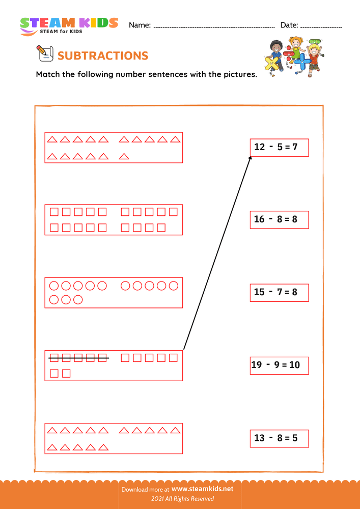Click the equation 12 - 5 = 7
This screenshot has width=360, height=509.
(x=279, y=147)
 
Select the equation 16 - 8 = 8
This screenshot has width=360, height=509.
(x=279, y=219)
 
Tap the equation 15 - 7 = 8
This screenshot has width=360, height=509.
(x=279, y=292)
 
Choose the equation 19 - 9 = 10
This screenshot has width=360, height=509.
(x=279, y=364)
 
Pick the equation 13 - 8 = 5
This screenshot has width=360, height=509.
(x=279, y=438)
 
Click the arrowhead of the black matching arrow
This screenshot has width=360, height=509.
(x=251, y=158)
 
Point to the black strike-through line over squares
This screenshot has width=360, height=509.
(x=79, y=358)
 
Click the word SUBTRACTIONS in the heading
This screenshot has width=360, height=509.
(x=103, y=56)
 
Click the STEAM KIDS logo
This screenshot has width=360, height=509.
(x=69, y=25)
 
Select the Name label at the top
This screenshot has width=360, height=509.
(x=140, y=25)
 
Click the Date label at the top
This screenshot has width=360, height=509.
(x=289, y=25)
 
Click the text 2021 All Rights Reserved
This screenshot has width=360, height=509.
(x=180, y=499)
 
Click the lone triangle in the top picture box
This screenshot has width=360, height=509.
(x=123, y=157)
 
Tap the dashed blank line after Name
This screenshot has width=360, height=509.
(x=214, y=26)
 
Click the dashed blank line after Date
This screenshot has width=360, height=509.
(x=321, y=26)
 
